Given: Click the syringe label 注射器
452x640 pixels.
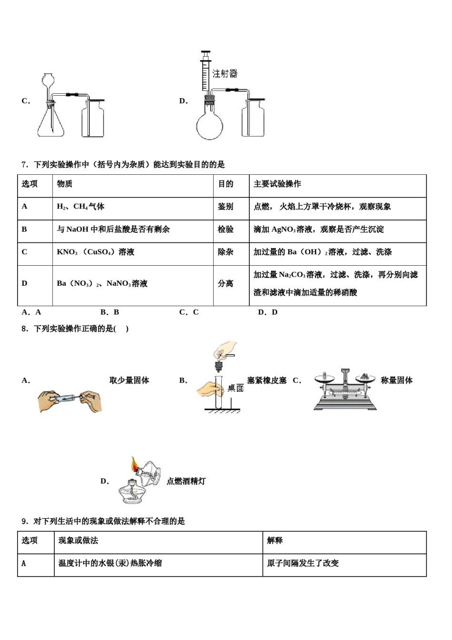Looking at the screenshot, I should (225, 74).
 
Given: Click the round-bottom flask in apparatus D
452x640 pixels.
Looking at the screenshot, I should (209, 125).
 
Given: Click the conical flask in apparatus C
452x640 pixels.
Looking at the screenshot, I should (50, 124).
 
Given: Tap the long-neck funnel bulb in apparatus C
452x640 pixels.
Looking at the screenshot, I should (48, 80).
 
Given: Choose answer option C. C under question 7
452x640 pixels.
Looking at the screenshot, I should (188, 312).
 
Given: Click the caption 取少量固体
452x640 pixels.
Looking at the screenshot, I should (129, 380).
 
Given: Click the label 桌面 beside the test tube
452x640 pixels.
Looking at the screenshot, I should (236, 388).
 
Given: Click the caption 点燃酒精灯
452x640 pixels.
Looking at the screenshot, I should (186, 481).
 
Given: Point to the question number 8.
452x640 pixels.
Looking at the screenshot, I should (25, 329).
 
